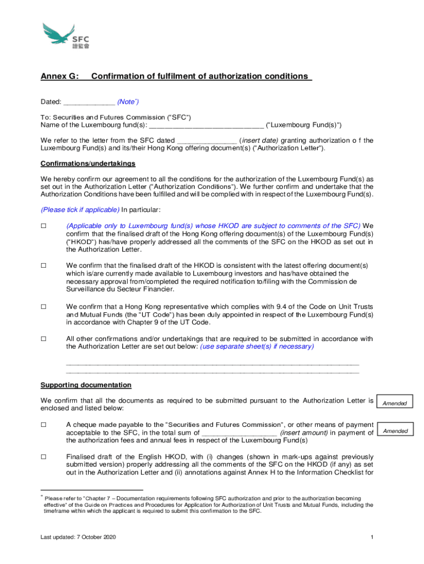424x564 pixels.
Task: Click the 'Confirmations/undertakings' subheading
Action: (88, 164)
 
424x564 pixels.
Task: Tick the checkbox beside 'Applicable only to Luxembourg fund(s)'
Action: (44, 226)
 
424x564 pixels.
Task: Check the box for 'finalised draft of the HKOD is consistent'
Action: (44, 265)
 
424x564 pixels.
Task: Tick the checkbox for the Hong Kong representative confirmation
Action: (44, 306)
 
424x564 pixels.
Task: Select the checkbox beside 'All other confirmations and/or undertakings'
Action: (44, 338)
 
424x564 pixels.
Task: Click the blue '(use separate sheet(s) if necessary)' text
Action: (257, 346)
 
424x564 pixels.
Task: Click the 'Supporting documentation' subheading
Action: (86, 385)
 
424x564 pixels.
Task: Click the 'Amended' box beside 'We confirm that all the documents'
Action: (395, 403)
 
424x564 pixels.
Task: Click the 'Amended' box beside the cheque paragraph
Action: (395, 431)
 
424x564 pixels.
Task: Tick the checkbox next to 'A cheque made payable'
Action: (44, 425)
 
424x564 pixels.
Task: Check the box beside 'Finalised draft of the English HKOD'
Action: (44, 457)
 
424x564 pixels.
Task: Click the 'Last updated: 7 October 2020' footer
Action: (78, 538)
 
